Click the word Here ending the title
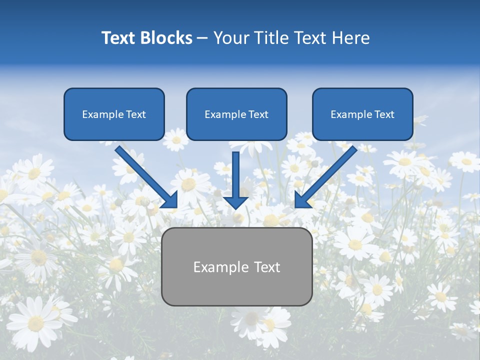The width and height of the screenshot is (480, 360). point(351,38)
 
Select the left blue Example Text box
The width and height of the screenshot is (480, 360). point(114,114)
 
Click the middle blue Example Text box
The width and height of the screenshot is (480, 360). point(236,114)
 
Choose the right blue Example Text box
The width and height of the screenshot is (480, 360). point(362,114)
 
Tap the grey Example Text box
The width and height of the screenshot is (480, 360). point(236,267)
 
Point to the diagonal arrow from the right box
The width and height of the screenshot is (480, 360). point(327,175)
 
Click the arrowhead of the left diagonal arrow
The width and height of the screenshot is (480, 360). point(170,199)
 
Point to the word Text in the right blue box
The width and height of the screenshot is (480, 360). point(384,114)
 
